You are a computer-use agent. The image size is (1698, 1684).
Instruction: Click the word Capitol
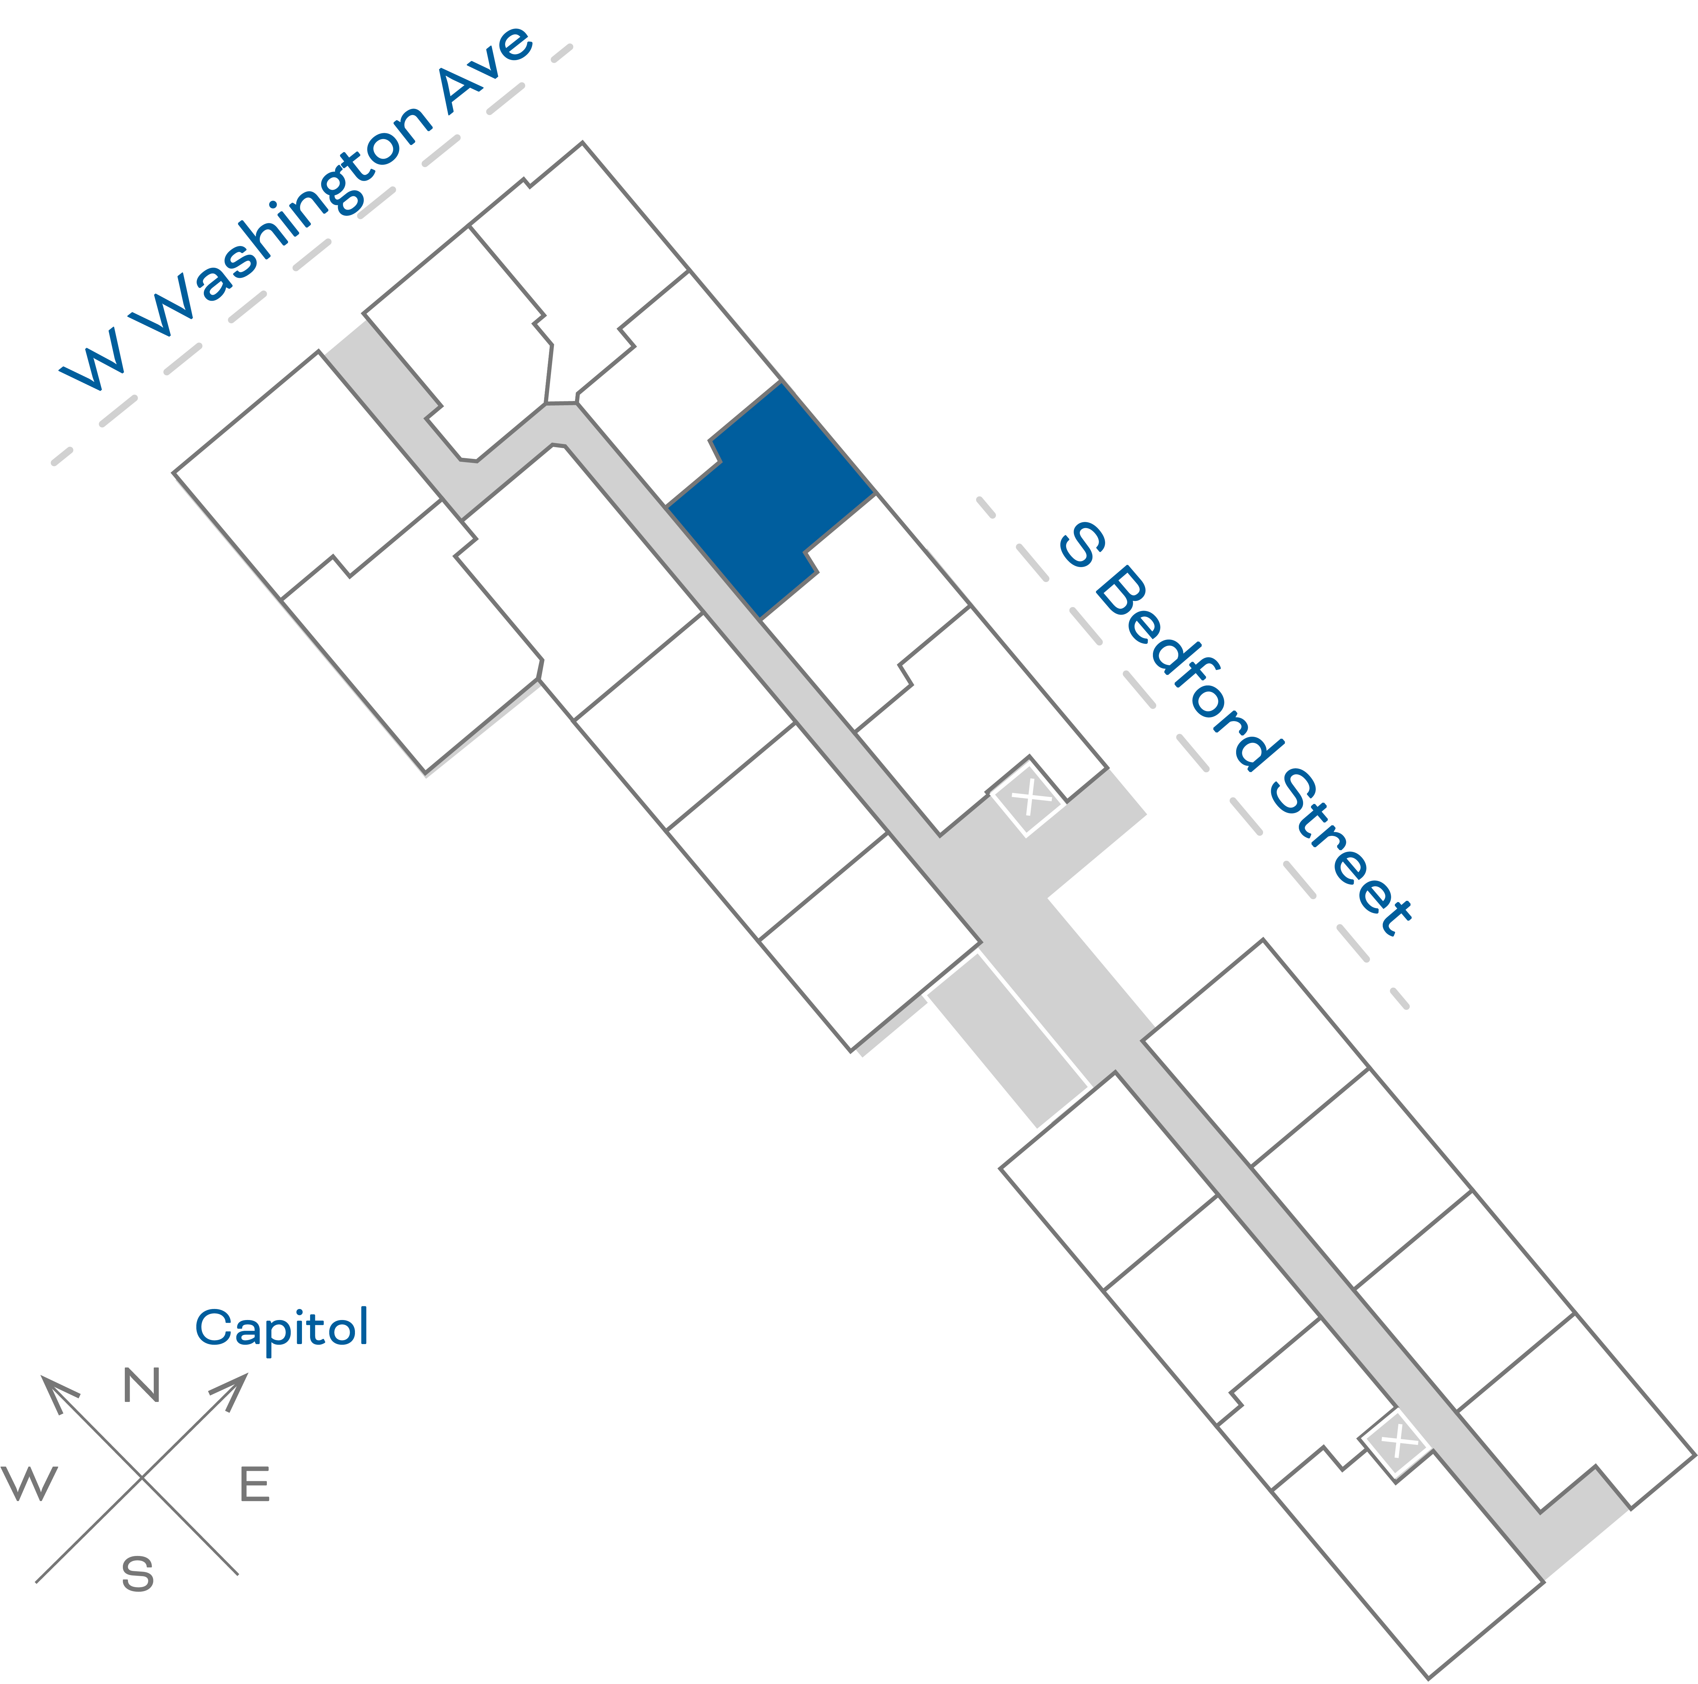[281, 1327]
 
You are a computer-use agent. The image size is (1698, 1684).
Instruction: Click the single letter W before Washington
[92, 360]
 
